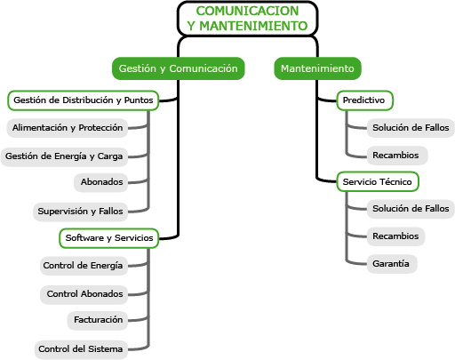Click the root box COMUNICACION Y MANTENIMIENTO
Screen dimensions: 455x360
[247, 19]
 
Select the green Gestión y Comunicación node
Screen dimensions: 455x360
[179, 68]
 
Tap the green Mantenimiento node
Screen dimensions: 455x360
[317, 68]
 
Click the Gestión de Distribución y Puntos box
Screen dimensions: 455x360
[84, 100]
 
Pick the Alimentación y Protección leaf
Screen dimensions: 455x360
[68, 128]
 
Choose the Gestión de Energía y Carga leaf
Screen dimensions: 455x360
[64, 156]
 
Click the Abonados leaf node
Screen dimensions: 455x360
[101, 182]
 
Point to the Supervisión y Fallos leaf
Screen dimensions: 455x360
[80, 212]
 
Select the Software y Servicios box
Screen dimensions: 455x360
[109, 238]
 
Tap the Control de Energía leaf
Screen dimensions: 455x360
[84, 266]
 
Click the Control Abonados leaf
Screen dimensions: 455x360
[84, 294]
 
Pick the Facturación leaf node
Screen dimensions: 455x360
[98, 320]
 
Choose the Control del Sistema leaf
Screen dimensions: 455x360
[81, 349]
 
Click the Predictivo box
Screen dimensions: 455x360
[365, 100]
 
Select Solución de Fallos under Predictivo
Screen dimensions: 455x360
[411, 128]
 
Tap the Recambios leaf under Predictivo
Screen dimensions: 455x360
[397, 156]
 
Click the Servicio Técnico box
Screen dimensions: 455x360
[378, 181]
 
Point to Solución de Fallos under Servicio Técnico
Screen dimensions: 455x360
[411, 209]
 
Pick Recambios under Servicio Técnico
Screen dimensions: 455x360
[395, 236]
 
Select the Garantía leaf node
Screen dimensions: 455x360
[392, 264]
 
